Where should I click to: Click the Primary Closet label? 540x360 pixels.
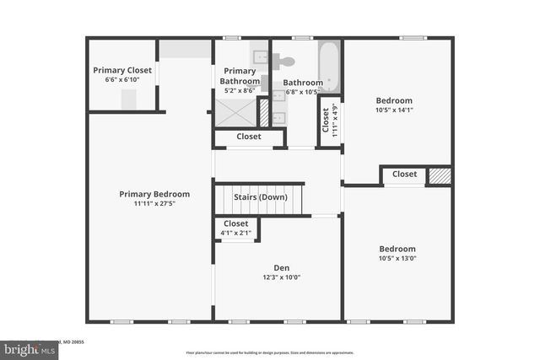pyautogui.click(x=122, y=70)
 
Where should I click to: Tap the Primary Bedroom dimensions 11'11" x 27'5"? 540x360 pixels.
pyautogui.click(x=154, y=204)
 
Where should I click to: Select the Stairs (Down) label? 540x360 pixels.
pyautogui.click(x=261, y=197)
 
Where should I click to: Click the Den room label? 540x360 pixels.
pyautogui.click(x=281, y=267)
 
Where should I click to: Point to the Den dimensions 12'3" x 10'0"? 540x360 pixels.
pyautogui.click(x=281, y=277)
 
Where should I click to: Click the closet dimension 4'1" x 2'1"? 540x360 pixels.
pyautogui.click(x=236, y=233)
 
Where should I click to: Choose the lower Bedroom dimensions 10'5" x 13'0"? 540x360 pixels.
pyautogui.click(x=397, y=259)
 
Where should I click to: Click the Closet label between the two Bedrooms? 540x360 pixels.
pyautogui.click(x=404, y=175)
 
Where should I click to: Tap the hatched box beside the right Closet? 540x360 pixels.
pyautogui.click(x=440, y=175)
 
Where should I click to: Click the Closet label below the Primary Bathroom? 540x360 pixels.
pyautogui.click(x=249, y=137)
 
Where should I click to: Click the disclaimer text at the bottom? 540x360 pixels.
pyautogui.click(x=270, y=352)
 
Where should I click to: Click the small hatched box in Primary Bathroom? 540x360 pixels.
pyautogui.click(x=263, y=111)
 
